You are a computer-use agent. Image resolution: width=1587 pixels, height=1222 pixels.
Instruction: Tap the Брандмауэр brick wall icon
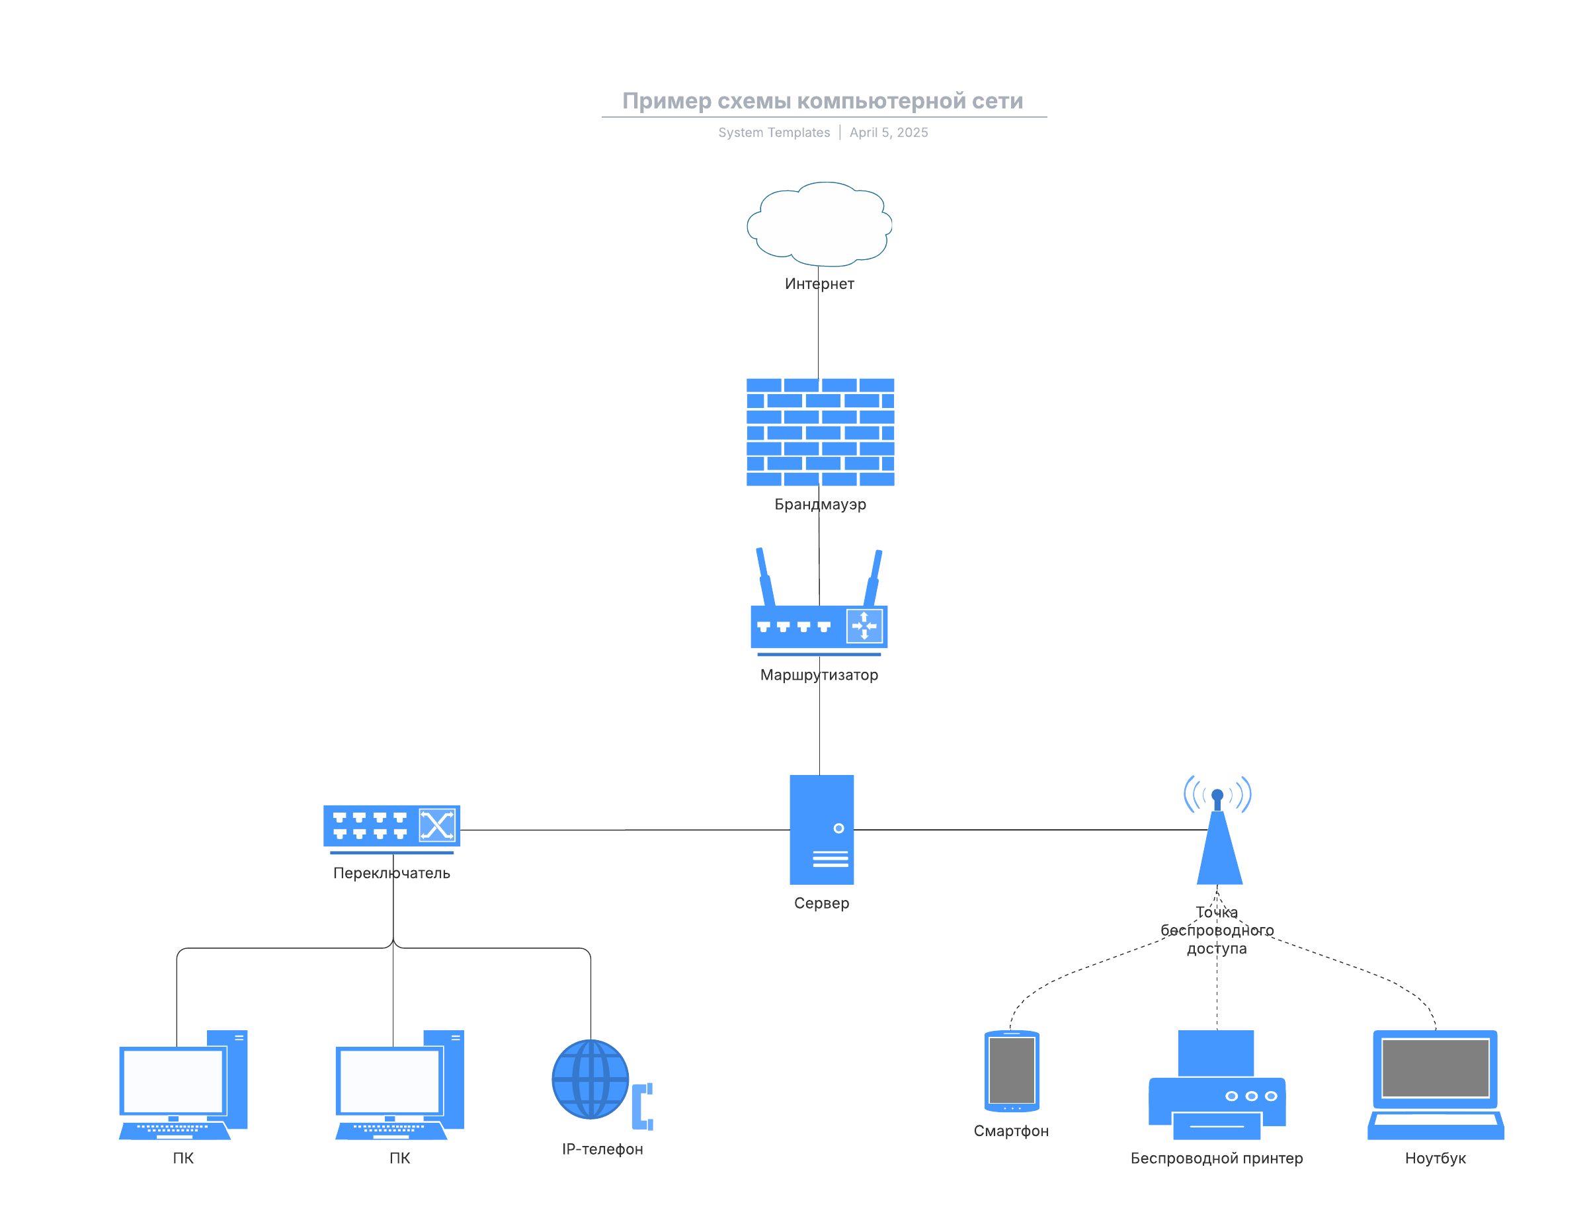820,432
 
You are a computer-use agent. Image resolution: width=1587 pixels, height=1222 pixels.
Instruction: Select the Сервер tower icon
821,829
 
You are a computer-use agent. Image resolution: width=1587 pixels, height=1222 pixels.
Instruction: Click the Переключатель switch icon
391,826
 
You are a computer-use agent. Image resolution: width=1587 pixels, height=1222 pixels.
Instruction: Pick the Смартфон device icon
1012,1070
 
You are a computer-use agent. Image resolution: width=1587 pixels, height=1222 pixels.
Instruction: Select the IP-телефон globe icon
590,1079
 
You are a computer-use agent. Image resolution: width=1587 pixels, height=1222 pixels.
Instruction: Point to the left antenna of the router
764,577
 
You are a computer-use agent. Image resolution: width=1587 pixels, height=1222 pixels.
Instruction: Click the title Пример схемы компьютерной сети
823,101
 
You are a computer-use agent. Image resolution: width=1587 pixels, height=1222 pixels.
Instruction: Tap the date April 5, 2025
889,132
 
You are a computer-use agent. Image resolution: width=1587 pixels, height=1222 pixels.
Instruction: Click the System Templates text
774,132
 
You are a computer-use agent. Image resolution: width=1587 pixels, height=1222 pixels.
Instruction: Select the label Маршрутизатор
819,675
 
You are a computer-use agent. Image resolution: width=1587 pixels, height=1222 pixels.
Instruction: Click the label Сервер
821,903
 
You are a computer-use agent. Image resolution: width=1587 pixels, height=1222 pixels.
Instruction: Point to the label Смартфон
1011,1131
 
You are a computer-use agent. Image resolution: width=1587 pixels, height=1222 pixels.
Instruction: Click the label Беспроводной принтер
1217,1158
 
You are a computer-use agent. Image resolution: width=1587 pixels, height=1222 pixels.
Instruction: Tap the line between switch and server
625,830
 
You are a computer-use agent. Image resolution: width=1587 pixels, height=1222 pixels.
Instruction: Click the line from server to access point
1032,830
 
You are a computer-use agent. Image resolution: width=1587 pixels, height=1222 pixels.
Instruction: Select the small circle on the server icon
838,829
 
